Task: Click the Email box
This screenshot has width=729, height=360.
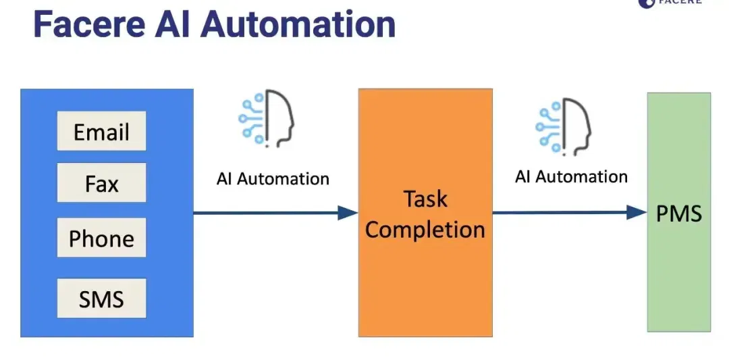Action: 101,131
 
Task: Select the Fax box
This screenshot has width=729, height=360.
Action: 101,182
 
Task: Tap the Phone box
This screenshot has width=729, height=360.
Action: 101,237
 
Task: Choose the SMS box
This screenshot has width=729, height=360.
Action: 101,298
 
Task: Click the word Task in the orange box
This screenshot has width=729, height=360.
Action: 425,199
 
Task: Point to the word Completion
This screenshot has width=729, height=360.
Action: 425,229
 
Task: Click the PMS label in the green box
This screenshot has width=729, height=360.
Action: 679,213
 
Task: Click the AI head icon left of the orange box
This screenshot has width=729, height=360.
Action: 267,119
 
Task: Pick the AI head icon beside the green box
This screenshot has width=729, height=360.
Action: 564,126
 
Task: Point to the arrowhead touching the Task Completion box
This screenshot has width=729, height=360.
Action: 348,213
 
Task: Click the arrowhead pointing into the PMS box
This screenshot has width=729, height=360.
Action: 637,213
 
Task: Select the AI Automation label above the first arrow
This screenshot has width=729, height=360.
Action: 273,178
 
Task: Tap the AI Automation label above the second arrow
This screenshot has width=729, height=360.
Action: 572,177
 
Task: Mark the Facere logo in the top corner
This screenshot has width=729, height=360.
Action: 670,2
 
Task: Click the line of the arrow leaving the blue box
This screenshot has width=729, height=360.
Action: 275,213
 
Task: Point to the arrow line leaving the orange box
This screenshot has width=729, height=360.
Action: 570,213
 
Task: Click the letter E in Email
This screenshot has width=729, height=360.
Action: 79,132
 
